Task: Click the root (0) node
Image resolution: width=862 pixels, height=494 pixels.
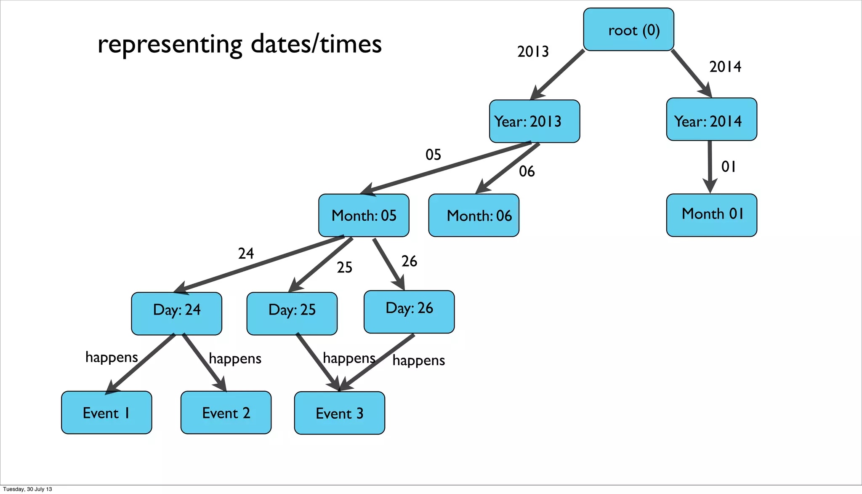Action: [628, 29]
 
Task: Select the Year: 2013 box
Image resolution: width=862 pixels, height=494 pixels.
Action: [535, 121]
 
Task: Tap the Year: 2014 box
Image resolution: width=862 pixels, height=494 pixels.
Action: [712, 120]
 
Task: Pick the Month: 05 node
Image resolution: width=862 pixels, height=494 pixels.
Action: [364, 215]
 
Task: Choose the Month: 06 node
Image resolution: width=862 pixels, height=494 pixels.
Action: [474, 215]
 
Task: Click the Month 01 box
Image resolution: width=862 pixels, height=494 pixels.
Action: [712, 215]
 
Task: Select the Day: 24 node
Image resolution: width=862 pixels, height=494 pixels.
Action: [176, 313]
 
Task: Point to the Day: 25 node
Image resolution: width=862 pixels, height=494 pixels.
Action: [292, 313]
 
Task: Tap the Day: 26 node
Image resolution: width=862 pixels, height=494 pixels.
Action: [409, 312]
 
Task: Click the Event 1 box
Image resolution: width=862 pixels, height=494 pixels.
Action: [106, 412]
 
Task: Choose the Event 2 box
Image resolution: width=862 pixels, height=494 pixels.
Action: [226, 412]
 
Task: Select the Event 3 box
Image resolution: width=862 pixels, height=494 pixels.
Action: [339, 413]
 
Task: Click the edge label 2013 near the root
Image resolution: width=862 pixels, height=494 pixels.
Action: [533, 52]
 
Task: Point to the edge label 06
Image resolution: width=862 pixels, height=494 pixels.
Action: [527, 171]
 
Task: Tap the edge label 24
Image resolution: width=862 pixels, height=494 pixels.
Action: [246, 254]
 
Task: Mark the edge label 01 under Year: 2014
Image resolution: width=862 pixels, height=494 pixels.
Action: [729, 167]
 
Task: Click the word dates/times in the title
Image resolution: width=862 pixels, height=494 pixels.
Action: [316, 44]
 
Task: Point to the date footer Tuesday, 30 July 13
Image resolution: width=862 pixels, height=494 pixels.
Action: [28, 489]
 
